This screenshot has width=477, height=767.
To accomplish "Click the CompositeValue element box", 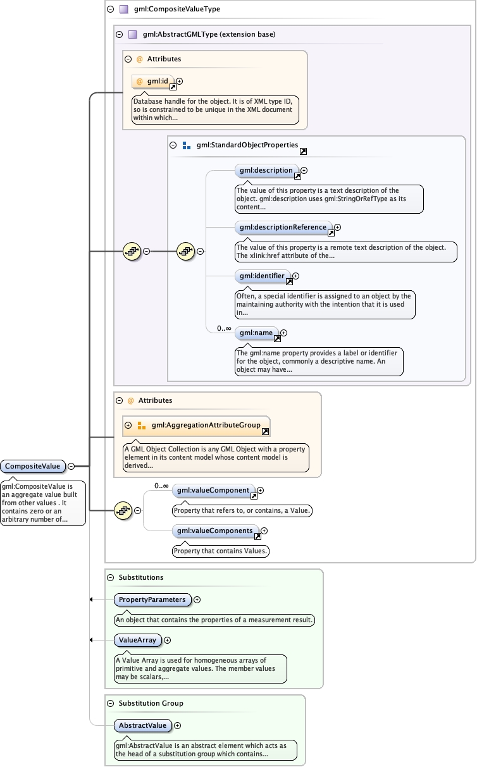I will tap(33, 467).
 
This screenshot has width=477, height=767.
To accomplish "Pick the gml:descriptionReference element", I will tap(283, 227).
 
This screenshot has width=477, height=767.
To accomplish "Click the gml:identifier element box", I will tap(262, 276).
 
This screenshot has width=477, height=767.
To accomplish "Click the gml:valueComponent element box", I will tap(213, 490).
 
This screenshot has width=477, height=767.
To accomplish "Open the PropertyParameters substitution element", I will tap(152, 599).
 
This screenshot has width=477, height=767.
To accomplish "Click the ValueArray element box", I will tap(137, 640).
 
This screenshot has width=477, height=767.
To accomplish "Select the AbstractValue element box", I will tap(142, 725).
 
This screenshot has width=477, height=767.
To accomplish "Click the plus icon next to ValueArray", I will tap(168, 640).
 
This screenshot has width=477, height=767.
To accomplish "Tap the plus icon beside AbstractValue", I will tap(178, 725).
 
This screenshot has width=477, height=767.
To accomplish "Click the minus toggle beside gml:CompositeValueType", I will tap(111, 9).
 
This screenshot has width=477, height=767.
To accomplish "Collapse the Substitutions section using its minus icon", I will tap(111, 577).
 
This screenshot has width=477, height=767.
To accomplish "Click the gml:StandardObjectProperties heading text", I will tap(247, 145).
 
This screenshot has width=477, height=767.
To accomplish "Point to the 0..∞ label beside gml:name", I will tap(224, 328).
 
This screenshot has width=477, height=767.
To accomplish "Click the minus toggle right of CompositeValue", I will tap(71, 466).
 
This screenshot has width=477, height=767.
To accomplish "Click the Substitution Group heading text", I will tap(151, 703).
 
